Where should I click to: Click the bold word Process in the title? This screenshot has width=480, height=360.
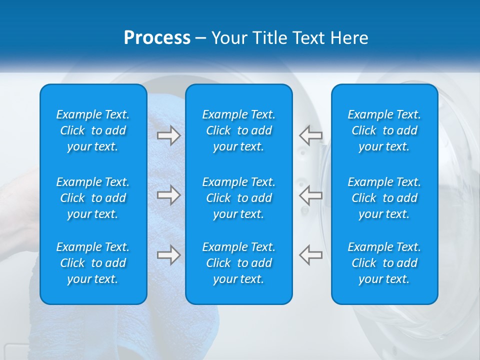[x=157, y=38]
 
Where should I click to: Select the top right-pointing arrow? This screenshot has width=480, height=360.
[x=168, y=135]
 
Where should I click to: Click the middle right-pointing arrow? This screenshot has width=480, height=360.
[x=168, y=195]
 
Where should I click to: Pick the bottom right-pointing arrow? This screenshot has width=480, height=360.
[x=168, y=255]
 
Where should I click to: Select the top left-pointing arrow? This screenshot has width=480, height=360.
[x=311, y=135]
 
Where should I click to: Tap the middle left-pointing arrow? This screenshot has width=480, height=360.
[x=311, y=195]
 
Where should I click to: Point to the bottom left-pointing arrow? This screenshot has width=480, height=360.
[x=311, y=255]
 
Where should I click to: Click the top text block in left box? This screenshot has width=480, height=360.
[x=93, y=130]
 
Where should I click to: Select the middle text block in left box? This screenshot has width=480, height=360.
[x=93, y=198]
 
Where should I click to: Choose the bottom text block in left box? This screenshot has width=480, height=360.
[x=93, y=263]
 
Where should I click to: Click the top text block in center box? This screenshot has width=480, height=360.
[x=238, y=130]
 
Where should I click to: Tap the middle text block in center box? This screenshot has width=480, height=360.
[x=238, y=198]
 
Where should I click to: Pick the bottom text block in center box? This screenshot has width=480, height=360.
[x=238, y=263]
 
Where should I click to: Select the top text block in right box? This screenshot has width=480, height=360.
[x=384, y=130]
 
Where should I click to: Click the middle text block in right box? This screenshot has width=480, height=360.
[x=384, y=198]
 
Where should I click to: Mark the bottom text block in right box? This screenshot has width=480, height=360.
[x=384, y=263]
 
